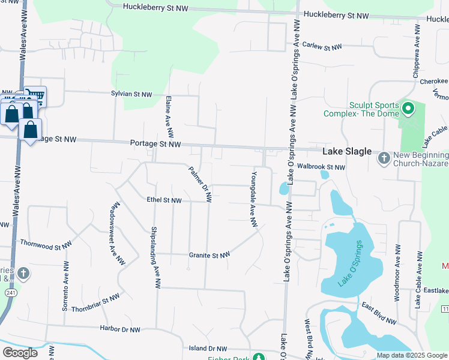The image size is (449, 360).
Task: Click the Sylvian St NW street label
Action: (x=131, y=95)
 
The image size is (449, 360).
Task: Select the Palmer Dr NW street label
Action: (x=200, y=184)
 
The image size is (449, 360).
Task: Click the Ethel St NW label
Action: (x=163, y=200)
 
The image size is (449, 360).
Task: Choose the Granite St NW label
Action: (x=209, y=255)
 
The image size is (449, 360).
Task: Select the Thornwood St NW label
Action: (x=46, y=245)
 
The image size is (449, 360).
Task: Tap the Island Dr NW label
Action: (x=208, y=348)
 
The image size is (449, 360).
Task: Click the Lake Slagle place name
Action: (x=347, y=152)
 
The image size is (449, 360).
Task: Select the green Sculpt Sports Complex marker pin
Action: (x=409, y=109)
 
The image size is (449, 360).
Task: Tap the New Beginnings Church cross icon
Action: (x=384, y=158)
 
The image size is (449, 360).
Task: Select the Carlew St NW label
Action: (x=322, y=46)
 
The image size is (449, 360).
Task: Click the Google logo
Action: (x=20, y=353)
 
